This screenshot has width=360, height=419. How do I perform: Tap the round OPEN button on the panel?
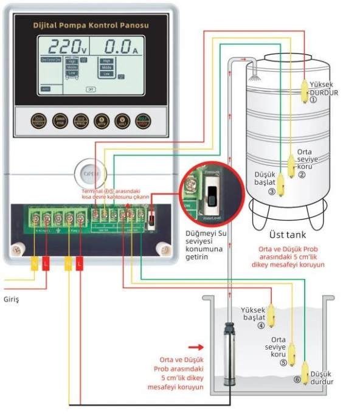91,174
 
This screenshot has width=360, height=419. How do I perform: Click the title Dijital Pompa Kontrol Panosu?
91,26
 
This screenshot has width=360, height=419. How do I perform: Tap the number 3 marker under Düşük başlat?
271,192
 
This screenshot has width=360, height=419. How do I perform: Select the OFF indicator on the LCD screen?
91,89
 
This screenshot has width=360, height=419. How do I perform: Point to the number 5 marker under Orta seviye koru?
283,363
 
